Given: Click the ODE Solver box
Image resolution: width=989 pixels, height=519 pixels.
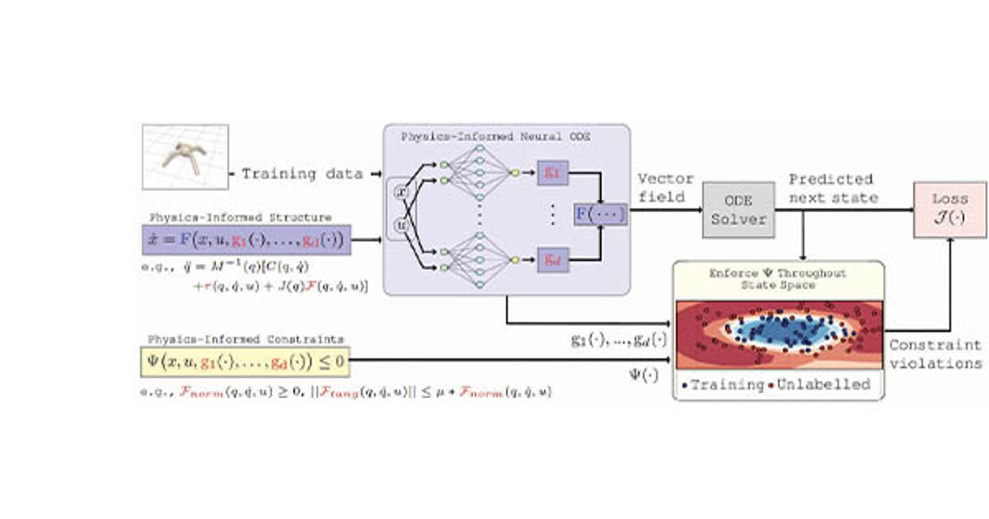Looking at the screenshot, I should pos(738,210).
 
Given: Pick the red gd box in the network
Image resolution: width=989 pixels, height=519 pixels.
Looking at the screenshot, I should pos(551,259).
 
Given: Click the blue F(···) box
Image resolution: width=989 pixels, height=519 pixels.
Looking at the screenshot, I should pos(600,215).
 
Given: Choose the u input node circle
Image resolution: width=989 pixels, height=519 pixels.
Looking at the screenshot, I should pos(402,224).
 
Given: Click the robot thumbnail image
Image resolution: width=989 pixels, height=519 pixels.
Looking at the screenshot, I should pos(185,157).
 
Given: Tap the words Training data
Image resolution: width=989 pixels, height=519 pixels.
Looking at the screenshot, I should pos(302,174).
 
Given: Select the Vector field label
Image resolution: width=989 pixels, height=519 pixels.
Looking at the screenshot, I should pos(665,189).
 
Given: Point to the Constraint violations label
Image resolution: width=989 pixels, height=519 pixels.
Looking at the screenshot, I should pos(935,354).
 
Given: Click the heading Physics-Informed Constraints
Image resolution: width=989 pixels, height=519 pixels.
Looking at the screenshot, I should pos(245,339).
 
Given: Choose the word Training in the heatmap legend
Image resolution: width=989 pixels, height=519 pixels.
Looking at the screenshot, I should pos(725,385).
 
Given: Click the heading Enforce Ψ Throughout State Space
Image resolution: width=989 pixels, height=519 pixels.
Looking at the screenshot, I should pos(777,278).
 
